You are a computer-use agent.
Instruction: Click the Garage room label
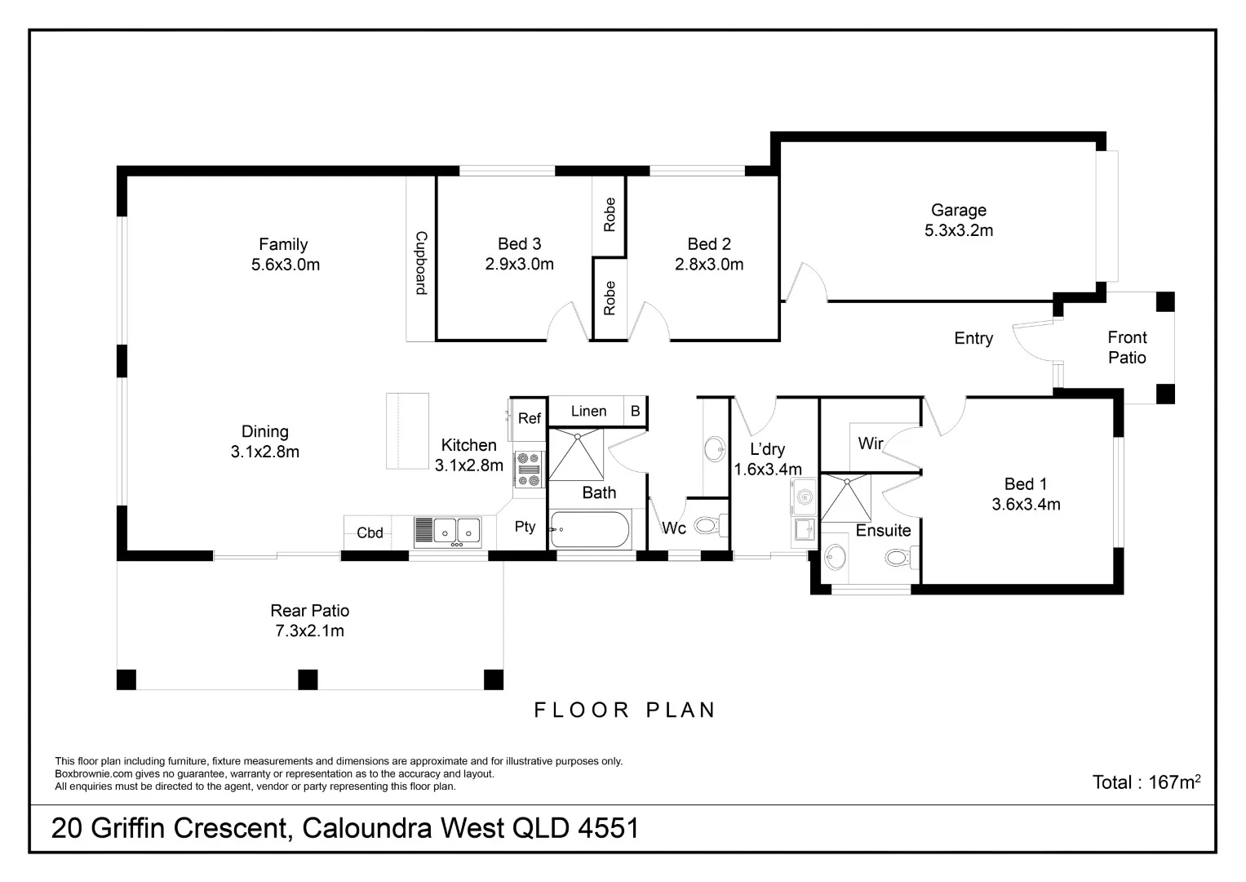958,211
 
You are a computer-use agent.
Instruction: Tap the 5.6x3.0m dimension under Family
285,265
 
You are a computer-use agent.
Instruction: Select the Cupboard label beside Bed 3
421,263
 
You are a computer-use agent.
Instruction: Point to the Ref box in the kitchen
529,418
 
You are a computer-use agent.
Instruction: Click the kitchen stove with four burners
529,470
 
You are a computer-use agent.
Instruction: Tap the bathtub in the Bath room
590,531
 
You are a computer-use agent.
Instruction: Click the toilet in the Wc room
707,524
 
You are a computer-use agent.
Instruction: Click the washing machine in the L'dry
804,497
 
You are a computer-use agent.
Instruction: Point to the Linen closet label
588,411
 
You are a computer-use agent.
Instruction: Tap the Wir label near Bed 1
870,443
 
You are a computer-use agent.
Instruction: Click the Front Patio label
1127,347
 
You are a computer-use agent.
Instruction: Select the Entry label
973,338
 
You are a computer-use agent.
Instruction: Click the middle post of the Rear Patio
308,679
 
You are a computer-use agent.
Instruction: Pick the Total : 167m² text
1146,782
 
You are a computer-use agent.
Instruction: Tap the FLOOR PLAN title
625,710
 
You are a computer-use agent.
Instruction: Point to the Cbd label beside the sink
370,532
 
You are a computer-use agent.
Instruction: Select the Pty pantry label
525,527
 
